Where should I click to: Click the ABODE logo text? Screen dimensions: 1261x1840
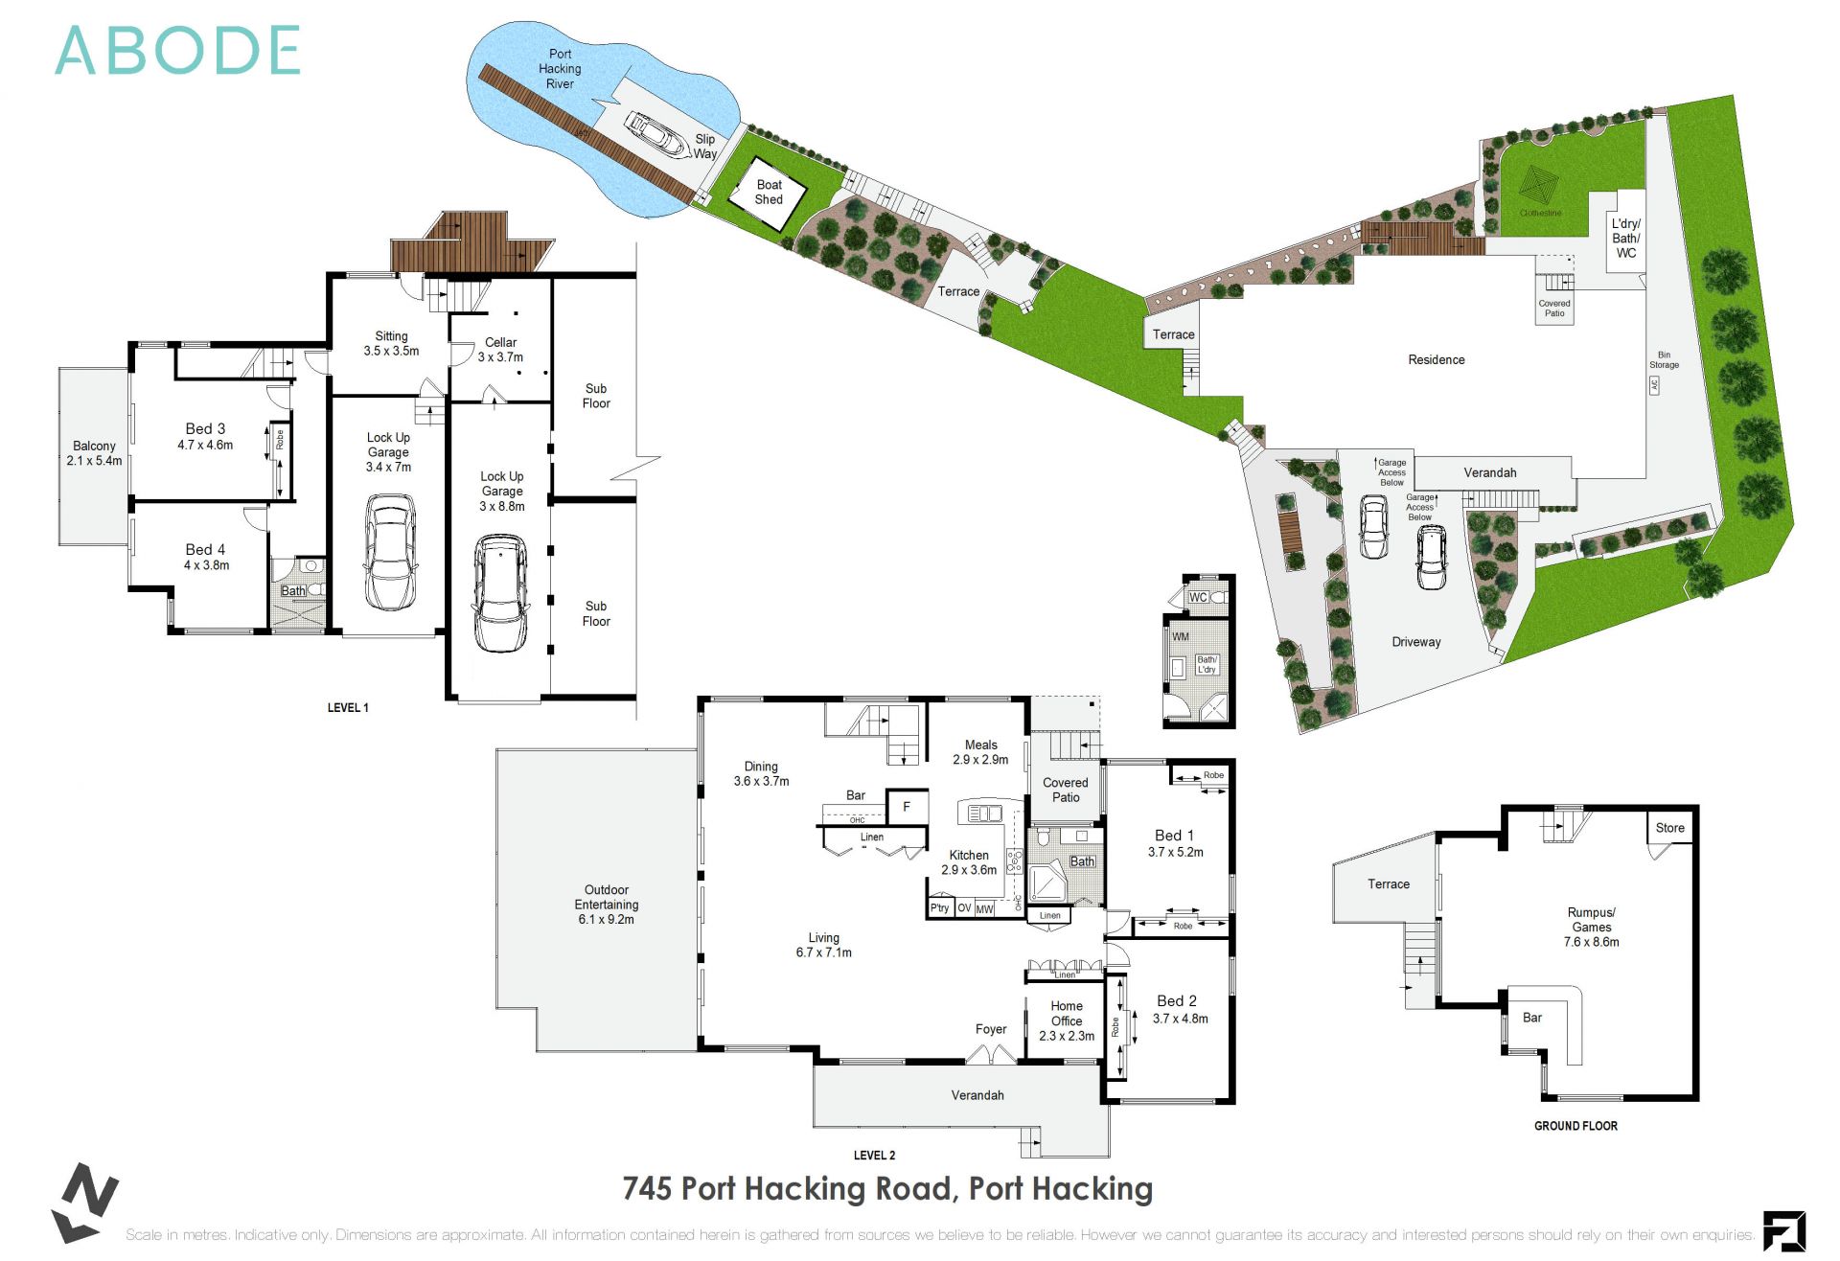point(178,51)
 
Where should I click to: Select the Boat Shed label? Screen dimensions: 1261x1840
point(769,192)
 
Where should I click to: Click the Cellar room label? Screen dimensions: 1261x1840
point(500,349)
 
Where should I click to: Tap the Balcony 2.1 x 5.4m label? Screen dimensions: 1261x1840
point(94,453)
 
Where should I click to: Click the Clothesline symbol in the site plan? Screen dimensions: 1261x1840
point(1540,184)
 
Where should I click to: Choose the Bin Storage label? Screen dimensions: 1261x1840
point(1664,359)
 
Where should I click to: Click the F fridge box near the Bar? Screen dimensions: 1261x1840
point(906,807)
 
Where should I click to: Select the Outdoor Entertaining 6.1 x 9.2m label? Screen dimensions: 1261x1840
point(606,904)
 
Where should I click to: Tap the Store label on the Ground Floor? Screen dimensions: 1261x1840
point(1669,828)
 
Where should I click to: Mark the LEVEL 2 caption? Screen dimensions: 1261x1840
point(874,1155)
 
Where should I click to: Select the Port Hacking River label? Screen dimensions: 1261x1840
point(560,69)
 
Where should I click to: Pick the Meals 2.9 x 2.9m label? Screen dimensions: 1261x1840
point(980,751)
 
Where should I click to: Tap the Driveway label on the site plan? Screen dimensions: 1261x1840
point(1415,642)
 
